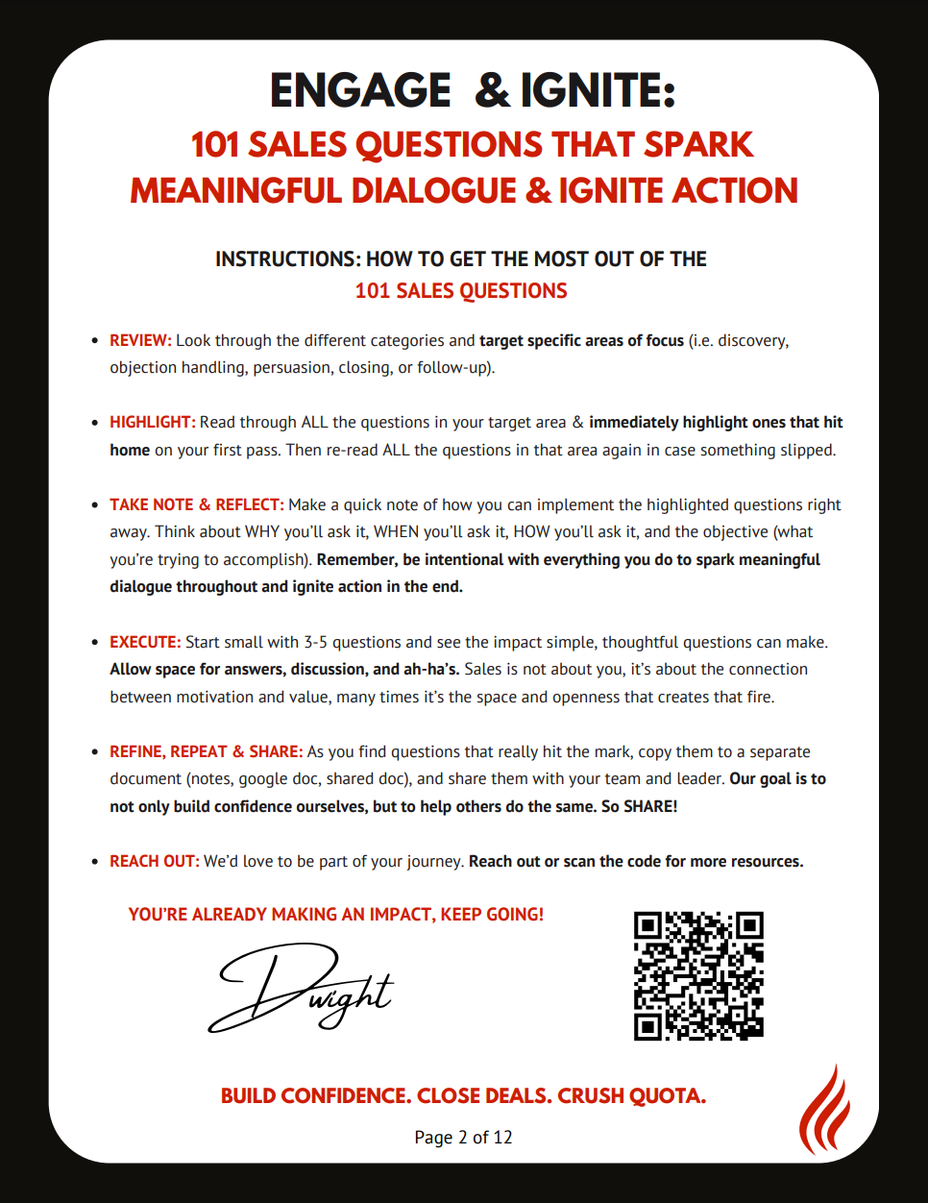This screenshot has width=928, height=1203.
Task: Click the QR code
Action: pos(698,975)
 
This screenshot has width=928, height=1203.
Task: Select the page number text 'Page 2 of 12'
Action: pos(463,1137)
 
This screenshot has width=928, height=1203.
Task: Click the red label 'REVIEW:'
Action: pos(140,340)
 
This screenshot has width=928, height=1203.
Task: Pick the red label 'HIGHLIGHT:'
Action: pos(152,422)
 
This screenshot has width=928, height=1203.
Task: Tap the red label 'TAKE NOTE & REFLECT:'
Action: pos(196,504)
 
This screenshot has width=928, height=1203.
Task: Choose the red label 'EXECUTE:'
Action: pos(145,642)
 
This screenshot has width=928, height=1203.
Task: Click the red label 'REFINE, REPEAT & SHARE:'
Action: pos(206,751)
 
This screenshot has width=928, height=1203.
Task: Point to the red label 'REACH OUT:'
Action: pos(154,861)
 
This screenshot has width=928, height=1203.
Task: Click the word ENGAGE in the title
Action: pos(360,91)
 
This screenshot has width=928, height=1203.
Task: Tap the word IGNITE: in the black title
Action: pos(598,91)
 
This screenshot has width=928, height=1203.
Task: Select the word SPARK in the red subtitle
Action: pos(698,144)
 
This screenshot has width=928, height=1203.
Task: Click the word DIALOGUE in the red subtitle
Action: pos(431,190)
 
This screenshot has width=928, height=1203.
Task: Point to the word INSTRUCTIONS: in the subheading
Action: pos(287,258)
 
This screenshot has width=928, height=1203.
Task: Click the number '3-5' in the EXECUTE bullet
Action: pos(316,642)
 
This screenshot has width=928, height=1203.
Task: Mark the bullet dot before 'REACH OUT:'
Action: pos(94,861)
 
